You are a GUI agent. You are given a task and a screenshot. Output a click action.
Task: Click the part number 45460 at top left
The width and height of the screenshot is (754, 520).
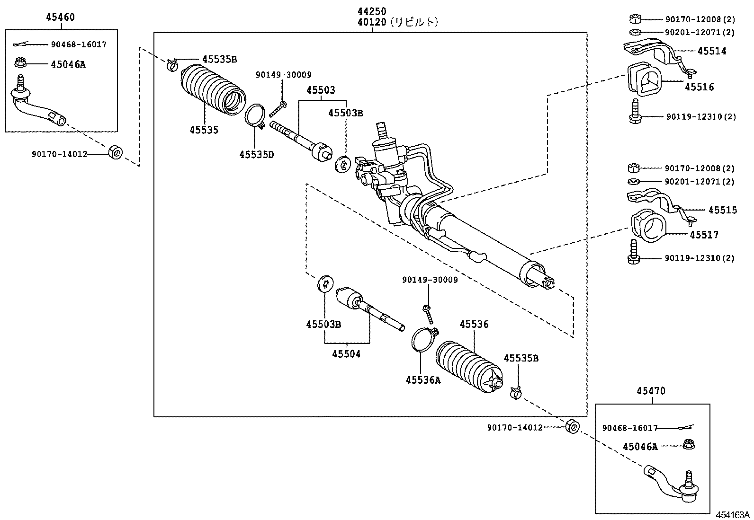click(60, 18)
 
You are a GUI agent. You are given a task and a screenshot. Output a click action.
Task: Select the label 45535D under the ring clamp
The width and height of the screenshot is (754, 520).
click(256, 154)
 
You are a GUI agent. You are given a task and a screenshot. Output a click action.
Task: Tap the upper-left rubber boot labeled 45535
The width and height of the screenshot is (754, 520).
click(212, 90)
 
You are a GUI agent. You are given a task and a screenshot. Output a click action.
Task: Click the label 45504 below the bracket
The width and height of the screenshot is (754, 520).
click(346, 354)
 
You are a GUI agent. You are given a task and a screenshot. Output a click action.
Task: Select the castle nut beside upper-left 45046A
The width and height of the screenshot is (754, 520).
click(20, 62)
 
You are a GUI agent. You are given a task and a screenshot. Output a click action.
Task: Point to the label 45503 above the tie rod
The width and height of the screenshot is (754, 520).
click(320, 90)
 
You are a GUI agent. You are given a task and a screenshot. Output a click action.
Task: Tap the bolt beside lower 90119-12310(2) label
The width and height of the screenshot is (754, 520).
click(633, 251)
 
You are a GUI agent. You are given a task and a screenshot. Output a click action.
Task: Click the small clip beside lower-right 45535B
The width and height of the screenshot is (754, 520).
click(516, 392)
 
